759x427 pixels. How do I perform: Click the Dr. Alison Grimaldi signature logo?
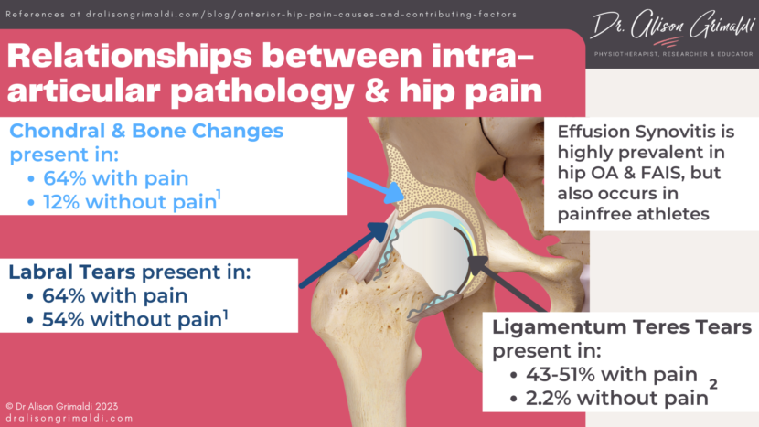click(650, 27)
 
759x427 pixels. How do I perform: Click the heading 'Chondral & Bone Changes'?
click(146, 131)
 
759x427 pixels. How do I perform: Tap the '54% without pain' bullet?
click(128, 319)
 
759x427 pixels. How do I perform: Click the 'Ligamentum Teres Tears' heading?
click(622, 327)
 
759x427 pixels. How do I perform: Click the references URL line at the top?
click(261, 14)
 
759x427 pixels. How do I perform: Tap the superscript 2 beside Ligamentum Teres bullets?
click(713, 384)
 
